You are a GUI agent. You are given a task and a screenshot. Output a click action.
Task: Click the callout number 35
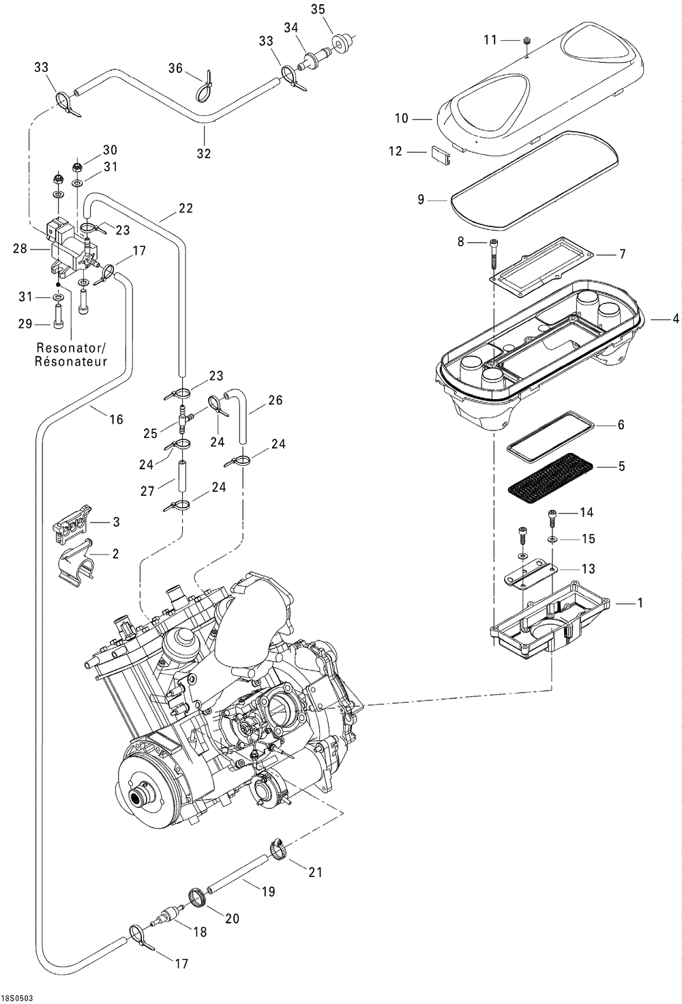pyautogui.click(x=318, y=10)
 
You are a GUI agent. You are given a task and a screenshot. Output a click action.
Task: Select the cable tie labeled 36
pyautogui.click(x=205, y=86)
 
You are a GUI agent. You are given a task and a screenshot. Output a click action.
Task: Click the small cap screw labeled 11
pyautogui.click(x=527, y=41)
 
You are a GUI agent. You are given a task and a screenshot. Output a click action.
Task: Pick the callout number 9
pyautogui.click(x=421, y=199)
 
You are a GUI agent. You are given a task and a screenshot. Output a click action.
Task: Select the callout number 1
pyautogui.click(x=640, y=603)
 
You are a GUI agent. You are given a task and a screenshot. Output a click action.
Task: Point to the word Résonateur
pyautogui.click(x=71, y=361)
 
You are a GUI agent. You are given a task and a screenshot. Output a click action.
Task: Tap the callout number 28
pyautogui.click(x=20, y=248)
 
